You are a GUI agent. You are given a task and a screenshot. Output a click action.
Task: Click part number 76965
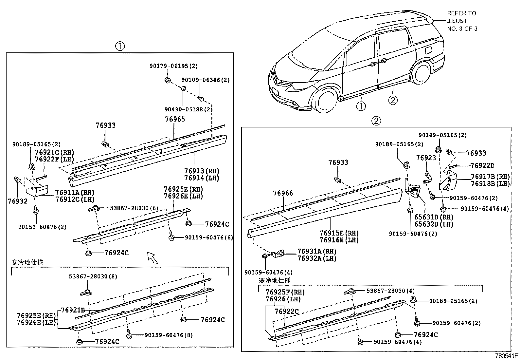[175, 119]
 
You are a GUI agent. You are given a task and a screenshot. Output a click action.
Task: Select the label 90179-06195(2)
[174, 66]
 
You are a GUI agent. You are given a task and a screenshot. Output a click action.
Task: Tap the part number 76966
[283, 193]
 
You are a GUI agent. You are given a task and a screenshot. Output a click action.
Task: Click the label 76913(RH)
[202, 171]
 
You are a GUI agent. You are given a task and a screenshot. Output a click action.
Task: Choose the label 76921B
[73, 310]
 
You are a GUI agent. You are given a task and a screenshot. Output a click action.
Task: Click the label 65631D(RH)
[434, 217]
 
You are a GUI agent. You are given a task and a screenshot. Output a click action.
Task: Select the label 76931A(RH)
[317, 251]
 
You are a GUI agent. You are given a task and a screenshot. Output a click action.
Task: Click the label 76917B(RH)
[490, 177]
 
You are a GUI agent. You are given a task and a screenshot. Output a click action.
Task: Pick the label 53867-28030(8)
[93, 276]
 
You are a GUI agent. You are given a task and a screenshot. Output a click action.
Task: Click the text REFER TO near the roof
[461, 13]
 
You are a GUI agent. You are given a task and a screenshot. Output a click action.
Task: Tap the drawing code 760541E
[506, 356]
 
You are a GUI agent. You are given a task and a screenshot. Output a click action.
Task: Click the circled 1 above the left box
[120, 46]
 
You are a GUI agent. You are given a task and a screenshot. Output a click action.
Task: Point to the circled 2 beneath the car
[393, 100]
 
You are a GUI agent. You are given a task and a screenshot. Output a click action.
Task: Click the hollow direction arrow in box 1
[153, 258]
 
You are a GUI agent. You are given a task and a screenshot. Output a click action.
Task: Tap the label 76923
[426, 158]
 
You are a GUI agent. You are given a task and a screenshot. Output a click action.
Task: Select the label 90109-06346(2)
[206, 80]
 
